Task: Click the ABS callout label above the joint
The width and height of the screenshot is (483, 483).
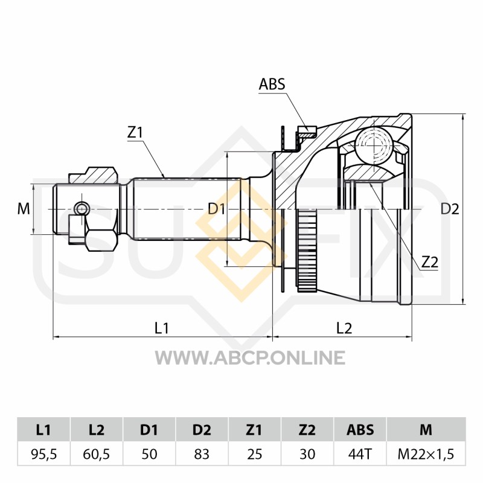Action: pyautogui.click(x=272, y=84)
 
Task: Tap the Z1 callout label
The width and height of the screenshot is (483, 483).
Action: pyautogui.click(x=135, y=132)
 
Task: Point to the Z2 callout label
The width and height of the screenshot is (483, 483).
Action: pyautogui.click(x=430, y=262)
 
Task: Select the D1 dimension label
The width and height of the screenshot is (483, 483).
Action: pyautogui.click(x=217, y=209)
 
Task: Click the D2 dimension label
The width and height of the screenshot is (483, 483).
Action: pyautogui.click(x=450, y=209)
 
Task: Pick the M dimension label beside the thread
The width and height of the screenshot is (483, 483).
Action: pyautogui.click(x=24, y=209)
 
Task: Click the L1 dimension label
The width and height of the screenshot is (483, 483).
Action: pyautogui.click(x=162, y=328)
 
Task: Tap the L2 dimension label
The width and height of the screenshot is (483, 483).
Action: pyautogui.click(x=344, y=328)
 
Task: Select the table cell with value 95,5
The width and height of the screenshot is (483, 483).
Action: pyautogui.click(x=43, y=454)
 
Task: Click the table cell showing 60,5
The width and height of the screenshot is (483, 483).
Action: pyautogui.click(x=97, y=454)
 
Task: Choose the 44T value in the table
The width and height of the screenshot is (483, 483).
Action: pyautogui.click(x=360, y=454)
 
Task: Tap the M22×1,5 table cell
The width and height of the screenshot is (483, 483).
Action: pyautogui.click(x=426, y=454)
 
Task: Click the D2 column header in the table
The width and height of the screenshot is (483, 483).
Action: pyautogui.click(x=202, y=430)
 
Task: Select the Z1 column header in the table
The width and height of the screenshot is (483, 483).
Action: pyautogui.click(x=254, y=430)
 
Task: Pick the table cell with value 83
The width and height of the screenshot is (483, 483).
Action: pyautogui.click(x=202, y=454)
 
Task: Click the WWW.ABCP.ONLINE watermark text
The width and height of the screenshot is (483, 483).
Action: pyautogui.click(x=250, y=357)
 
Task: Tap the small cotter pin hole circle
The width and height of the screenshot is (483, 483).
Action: pyautogui.click(x=82, y=208)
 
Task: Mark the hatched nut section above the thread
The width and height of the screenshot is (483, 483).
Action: pyautogui.click(x=93, y=176)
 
